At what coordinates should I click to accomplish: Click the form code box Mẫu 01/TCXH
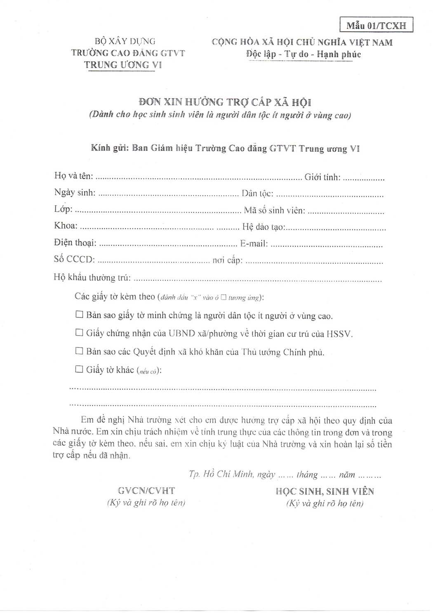376,26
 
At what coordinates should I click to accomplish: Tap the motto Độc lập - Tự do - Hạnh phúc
303,54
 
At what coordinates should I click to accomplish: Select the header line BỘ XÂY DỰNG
125,41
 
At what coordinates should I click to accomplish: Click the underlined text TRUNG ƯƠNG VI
123,65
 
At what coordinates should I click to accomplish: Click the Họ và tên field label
73,175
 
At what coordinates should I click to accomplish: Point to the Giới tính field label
322,177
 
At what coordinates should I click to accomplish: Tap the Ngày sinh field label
75,192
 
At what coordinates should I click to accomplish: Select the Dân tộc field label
257,193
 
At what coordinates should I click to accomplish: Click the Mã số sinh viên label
274,211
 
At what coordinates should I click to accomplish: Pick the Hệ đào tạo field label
263,227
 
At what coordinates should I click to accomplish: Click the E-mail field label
254,244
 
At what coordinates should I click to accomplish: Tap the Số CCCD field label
74,259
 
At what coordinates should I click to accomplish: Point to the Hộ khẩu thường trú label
92,277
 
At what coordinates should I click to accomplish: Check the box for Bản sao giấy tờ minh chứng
79,315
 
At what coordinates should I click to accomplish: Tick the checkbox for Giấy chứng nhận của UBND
79,332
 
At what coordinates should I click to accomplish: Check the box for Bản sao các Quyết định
79,351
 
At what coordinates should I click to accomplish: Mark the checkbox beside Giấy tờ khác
79,369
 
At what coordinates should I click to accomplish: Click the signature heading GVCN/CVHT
146,491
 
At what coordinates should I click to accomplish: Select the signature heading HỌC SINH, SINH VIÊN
325,491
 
